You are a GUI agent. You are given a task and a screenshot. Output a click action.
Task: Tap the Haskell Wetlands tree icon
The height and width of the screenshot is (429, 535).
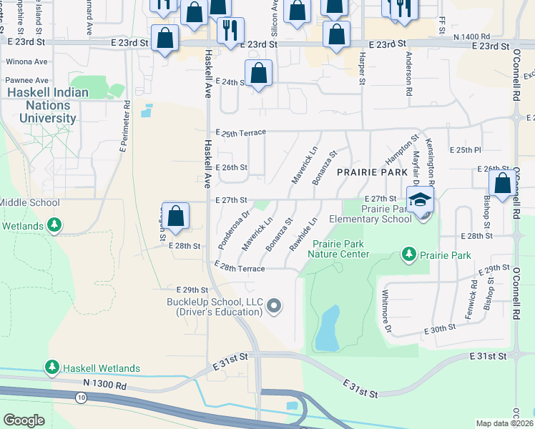pyautogui.click(x=51, y=368)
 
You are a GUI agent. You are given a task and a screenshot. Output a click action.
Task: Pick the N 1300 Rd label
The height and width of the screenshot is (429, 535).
pyautogui.click(x=105, y=385)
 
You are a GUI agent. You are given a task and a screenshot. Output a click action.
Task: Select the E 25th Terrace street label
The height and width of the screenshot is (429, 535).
pyautogui.click(x=240, y=133)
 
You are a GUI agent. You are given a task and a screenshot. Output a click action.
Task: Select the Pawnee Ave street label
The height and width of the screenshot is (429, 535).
pyautogui.click(x=27, y=80)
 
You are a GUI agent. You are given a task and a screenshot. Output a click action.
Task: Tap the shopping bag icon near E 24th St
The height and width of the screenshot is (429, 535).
pyautogui.click(x=258, y=74)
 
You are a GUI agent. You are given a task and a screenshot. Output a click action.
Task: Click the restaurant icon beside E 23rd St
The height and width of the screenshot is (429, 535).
pyautogui.click(x=230, y=31)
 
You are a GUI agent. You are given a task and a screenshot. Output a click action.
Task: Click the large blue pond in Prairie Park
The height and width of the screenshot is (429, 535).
pyautogui.click(x=328, y=328)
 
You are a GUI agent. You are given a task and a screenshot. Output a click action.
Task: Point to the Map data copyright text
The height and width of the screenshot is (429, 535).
pyautogui.click(x=504, y=423)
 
